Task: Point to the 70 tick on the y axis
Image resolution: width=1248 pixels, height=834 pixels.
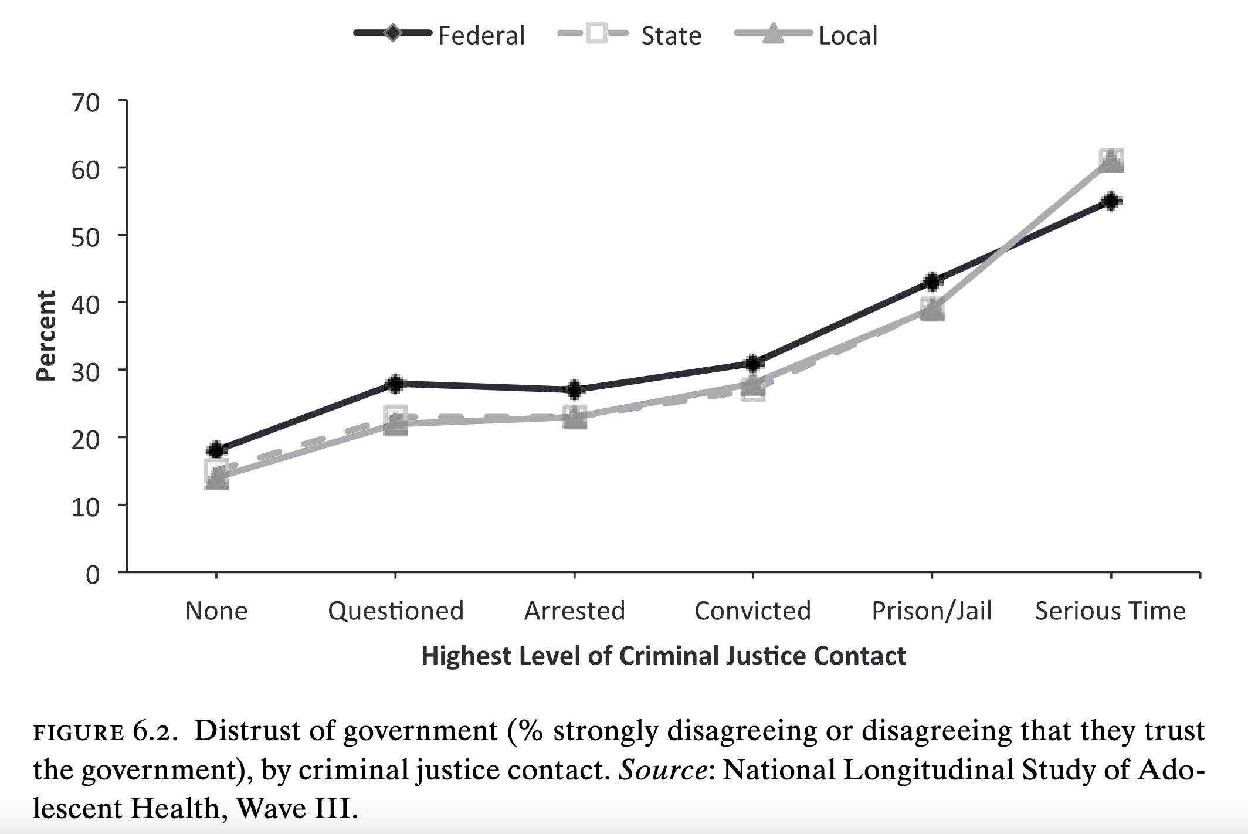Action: tap(86, 103)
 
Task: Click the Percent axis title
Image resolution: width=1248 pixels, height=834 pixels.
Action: tap(46, 336)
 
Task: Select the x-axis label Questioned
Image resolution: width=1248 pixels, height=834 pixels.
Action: tap(396, 611)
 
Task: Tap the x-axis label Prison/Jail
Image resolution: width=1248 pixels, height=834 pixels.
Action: tap(931, 611)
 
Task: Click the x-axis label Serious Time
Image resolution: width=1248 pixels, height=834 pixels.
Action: tap(1110, 611)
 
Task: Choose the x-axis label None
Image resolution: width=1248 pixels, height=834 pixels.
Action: tap(216, 611)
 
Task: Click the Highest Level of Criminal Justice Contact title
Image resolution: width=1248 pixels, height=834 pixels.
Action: tap(663, 656)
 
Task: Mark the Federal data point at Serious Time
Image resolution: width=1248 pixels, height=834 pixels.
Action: tap(1111, 201)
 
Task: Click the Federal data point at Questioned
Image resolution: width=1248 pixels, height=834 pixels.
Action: tap(395, 384)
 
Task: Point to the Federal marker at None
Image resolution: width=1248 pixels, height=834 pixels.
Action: tap(216, 450)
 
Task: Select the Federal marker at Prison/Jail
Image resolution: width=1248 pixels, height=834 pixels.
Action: tap(932, 282)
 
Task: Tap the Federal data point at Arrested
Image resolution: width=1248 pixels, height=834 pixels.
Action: tap(574, 389)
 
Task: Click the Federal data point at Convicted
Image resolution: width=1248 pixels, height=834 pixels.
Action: tap(753, 363)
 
